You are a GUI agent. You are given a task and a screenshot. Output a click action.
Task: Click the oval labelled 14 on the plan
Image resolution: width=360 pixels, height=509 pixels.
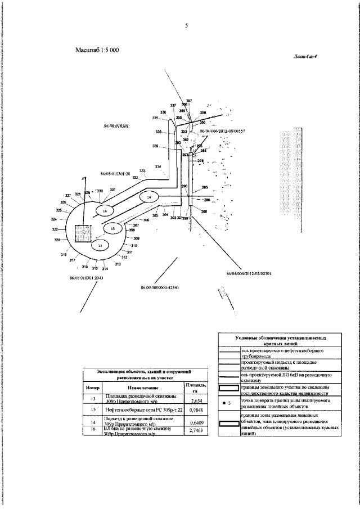click(x=148, y=197)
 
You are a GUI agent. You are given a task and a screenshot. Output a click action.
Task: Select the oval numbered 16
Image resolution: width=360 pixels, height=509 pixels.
click(x=104, y=210)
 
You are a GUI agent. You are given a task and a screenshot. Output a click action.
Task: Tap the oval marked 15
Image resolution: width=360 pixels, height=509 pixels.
click(x=112, y=229)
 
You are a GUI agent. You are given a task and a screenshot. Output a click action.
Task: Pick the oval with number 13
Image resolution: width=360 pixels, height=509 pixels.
click(x=100, y=245)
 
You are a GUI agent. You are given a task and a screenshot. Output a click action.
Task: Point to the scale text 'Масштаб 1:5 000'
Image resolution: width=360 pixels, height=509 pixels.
click(x=97, y=50)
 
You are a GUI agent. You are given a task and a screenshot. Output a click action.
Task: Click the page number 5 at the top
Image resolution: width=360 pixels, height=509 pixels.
click(x=185, y=26)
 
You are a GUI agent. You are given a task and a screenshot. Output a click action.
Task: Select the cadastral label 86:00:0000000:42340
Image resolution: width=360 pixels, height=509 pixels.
click(x=159, y=288)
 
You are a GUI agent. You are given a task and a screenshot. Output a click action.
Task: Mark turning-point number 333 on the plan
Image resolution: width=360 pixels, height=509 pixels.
click(x=142, y=171)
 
